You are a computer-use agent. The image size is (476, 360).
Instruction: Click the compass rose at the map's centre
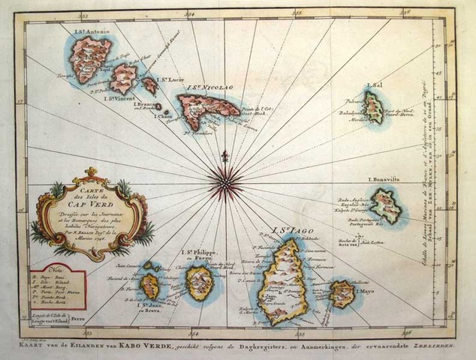(x=222, y=181)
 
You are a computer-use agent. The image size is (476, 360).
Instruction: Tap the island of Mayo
(x=342, y=293)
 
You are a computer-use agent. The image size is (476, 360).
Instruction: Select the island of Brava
(x=151, y=285)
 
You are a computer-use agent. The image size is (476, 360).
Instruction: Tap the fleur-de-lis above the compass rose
(x=223, y=157)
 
